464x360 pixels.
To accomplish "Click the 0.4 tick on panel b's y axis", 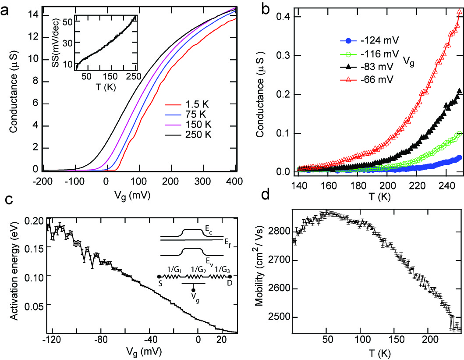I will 284,17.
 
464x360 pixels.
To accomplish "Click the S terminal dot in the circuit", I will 158,277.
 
